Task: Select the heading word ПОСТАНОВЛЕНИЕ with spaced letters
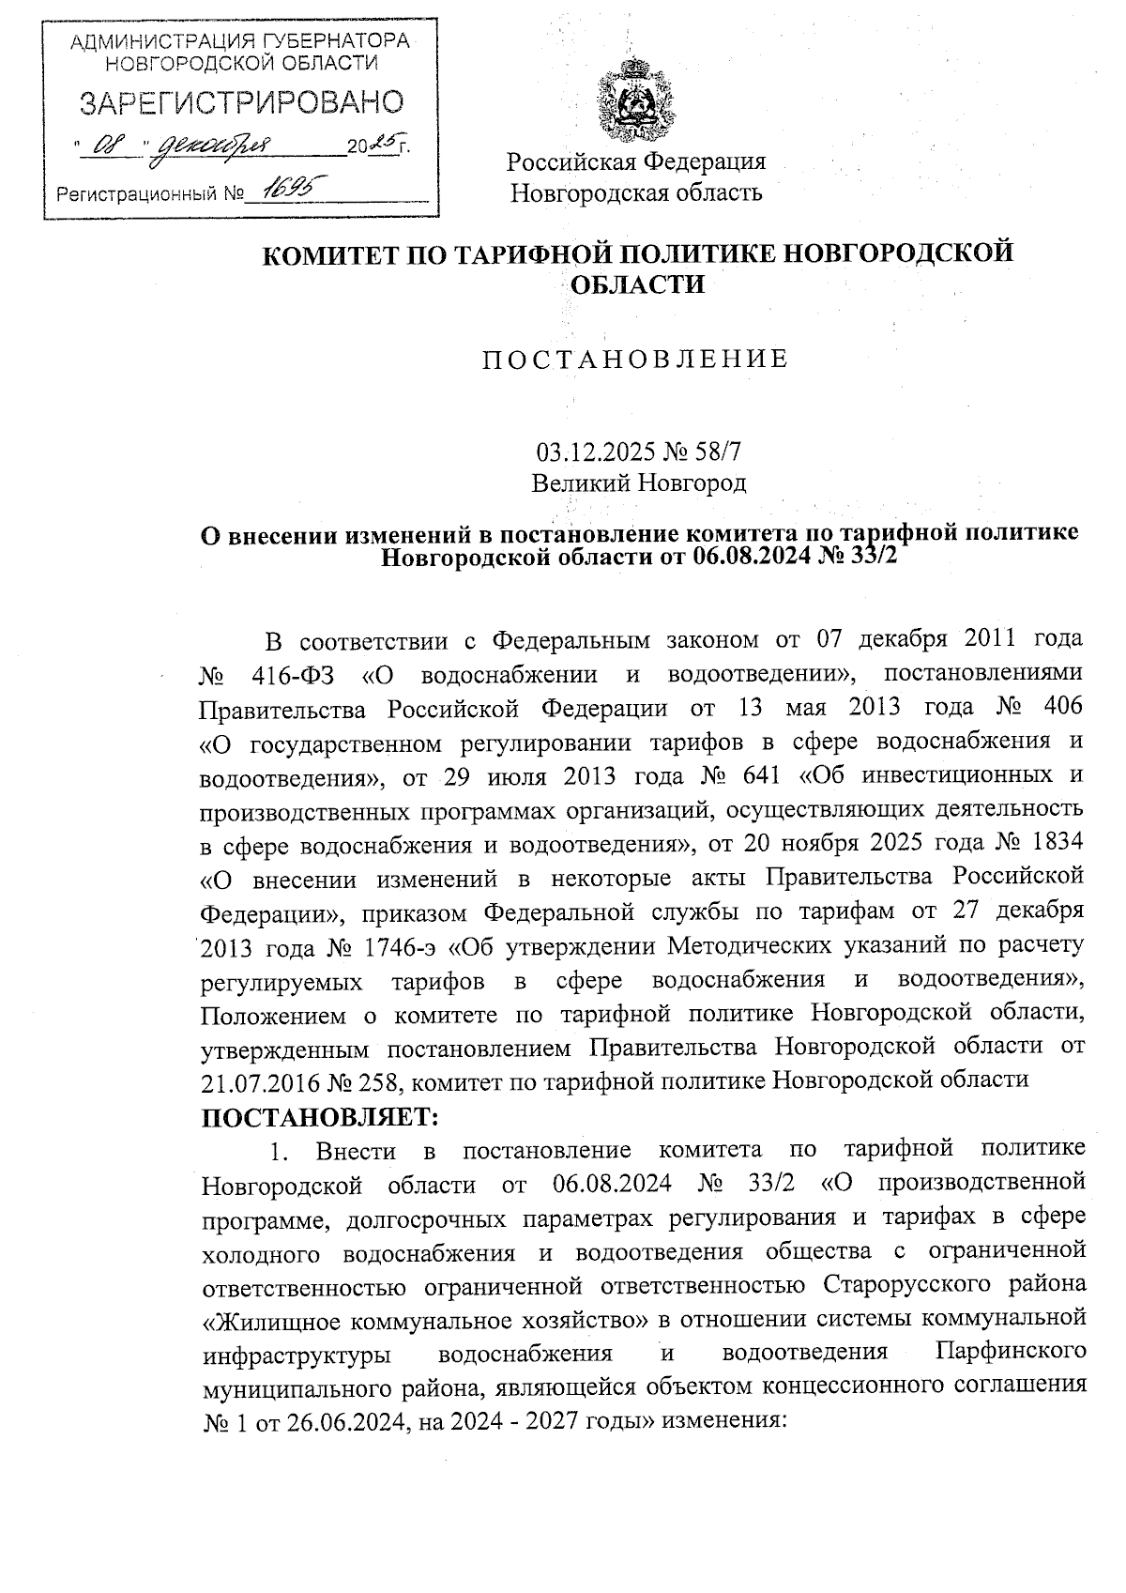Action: (x=635, y=360)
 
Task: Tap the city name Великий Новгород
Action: (x=638, y=484)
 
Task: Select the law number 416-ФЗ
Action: (x=289, y=675)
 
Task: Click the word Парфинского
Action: (x=1012, y=1353)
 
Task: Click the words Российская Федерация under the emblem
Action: (x=636, y=161)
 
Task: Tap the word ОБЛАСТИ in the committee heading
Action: (x=637, y=284)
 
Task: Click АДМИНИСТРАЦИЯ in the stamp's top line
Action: (x=136, y=41)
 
